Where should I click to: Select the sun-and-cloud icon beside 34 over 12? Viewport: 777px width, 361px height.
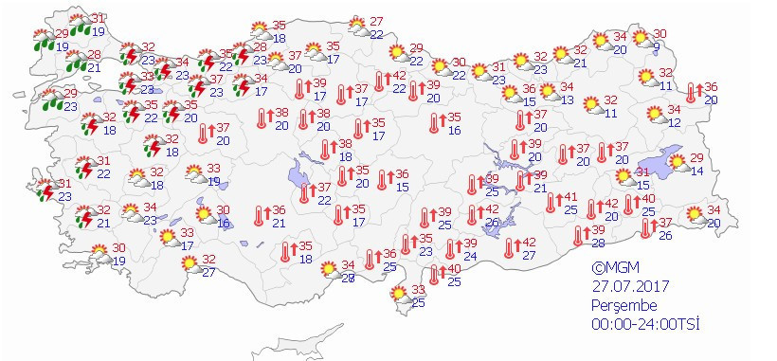tap(654, 116)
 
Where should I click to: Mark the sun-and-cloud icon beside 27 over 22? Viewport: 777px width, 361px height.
tap(356, 27)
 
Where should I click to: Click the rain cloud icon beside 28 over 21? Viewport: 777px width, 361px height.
tap(75, 63)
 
